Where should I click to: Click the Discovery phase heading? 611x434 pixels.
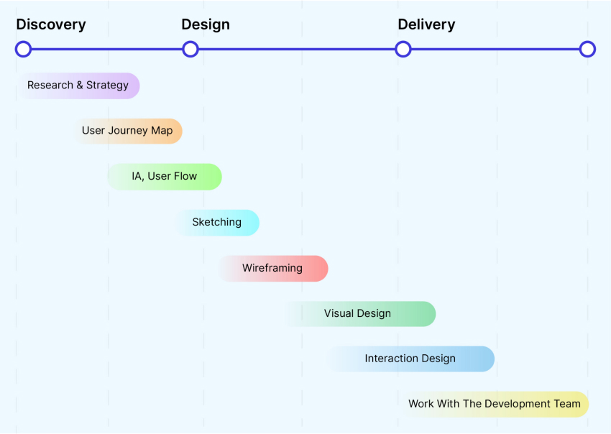click(x=51, y=24)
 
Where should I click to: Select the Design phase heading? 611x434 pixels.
click(x=206, y=24)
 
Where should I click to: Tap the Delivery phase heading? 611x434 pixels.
click(x=426, y=24)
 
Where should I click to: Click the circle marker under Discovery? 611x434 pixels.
click(x=24, y=50)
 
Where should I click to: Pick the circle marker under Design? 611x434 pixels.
click(x=190, y=50)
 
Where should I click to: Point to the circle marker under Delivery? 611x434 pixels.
click(x=403, y=50)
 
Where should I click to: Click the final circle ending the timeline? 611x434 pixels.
click(x=587, y=50)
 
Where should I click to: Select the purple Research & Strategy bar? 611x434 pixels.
click(x=78, y=86)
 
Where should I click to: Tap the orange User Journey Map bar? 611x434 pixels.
click(x=127, y=131)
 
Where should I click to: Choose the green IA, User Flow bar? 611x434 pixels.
click(x=165, y=177)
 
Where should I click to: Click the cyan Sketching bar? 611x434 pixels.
click(x=217, y=223)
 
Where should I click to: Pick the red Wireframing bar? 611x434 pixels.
click(x=272, y=269)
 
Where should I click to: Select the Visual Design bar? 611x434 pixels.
click(x=359, y=314)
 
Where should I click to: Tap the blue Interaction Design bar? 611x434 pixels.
click(x=410, y=359)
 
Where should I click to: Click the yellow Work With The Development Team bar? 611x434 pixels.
click(x=495, y=405)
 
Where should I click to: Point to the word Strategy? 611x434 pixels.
click(x=107, y=86)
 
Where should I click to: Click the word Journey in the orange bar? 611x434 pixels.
click(x=127, y=131)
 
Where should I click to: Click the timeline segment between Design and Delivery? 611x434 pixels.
click(x=297, y=50)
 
